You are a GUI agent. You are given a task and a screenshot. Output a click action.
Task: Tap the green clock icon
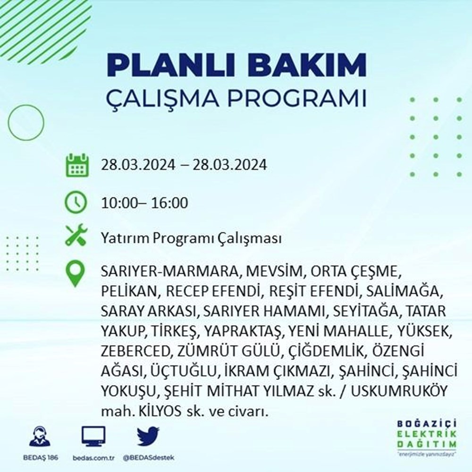coord(76,203)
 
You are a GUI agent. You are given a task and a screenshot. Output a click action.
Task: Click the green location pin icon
coord(76,274)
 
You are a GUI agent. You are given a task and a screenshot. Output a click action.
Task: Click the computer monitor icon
coord(93,437)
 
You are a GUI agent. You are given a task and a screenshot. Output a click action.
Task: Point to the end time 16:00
coord(169,203)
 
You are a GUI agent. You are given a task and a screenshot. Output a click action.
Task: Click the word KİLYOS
coord(152,412)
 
